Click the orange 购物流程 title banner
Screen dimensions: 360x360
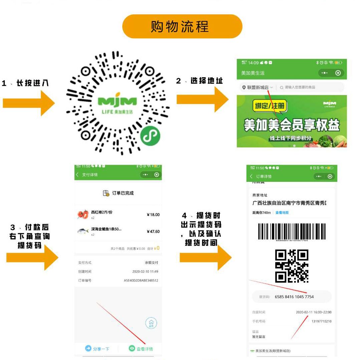[182, 26]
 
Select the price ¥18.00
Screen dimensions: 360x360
[153, 215]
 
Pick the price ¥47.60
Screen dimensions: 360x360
[153, 232]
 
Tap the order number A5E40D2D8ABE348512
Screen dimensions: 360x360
[141, 280]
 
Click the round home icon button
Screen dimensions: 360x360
[151, 323]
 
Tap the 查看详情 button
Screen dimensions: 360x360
[141, 349]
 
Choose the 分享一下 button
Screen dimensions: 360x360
[97, 349]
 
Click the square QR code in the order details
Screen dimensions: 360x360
[292, 266]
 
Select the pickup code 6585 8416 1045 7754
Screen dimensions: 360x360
[294, 296]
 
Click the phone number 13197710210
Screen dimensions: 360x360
[321, 321]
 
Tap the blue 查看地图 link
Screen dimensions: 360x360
[282, 213]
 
